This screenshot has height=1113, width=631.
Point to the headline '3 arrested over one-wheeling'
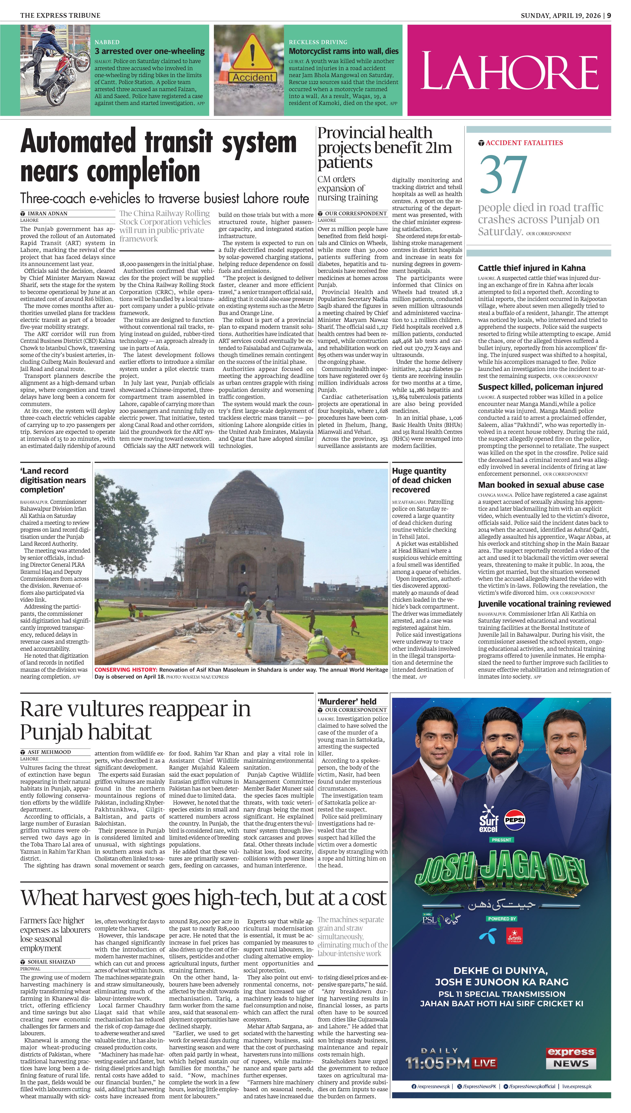pyautogui.click(x=150, y=51)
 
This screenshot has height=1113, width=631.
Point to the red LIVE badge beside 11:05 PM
pyautogui.click(x=484, y=1063)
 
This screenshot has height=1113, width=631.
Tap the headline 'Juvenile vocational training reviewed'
pyautogui.click(x=544, y=604)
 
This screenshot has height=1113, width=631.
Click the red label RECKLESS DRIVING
pyautogui.click(x=318, y=42)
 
